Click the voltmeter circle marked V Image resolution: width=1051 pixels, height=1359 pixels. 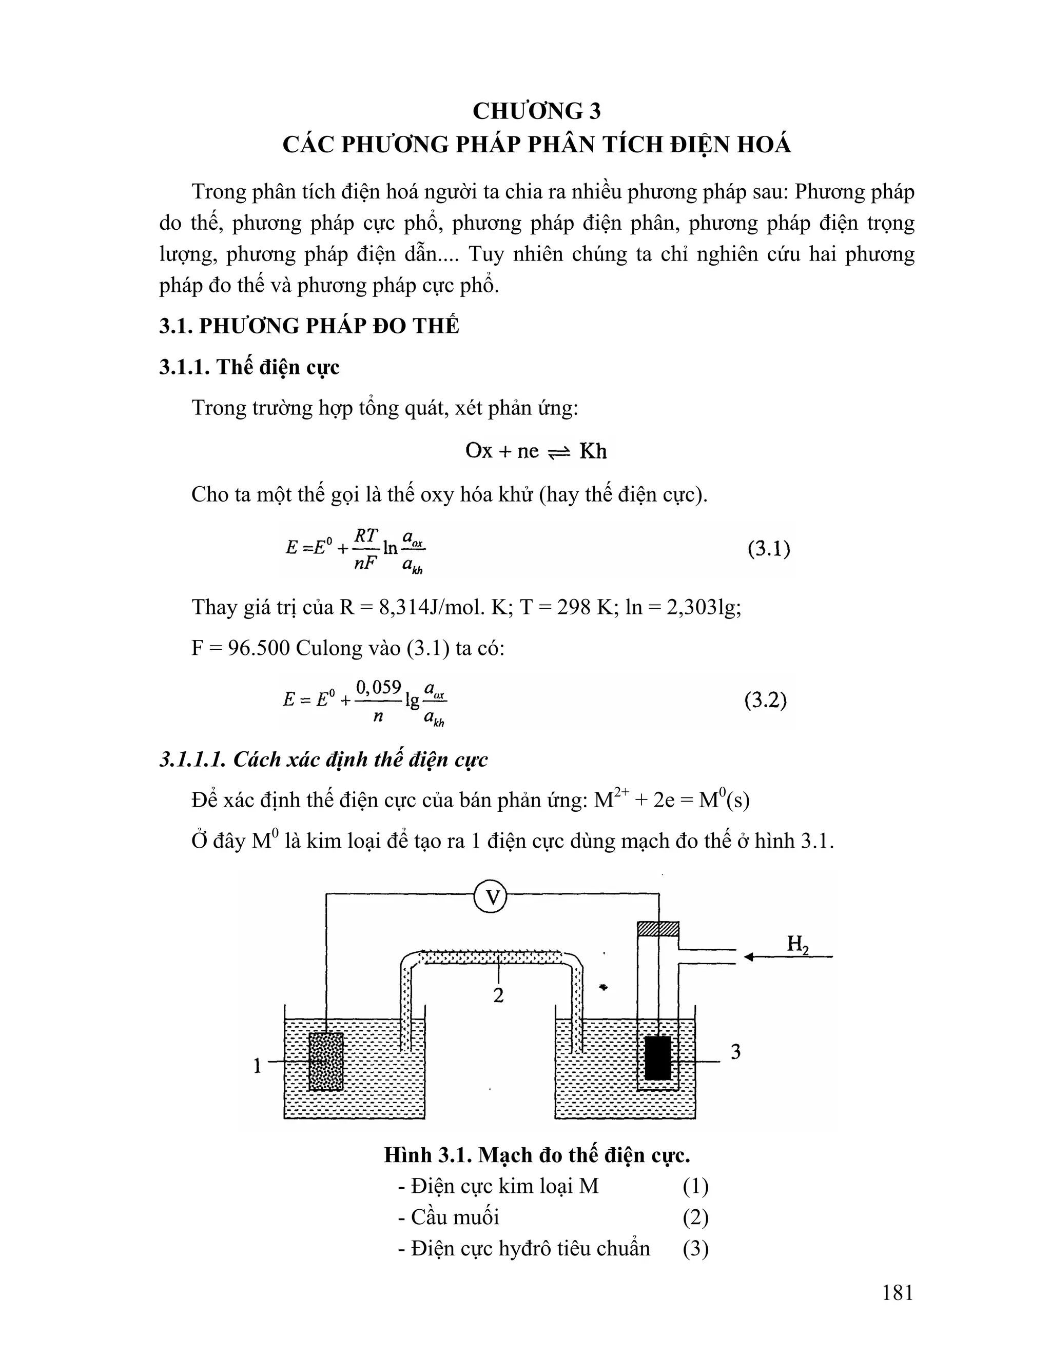click(x=491, y=896)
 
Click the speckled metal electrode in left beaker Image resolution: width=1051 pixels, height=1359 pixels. click(x=326, y=1061)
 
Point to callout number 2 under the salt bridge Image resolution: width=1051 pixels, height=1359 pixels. click(x=498, y=995)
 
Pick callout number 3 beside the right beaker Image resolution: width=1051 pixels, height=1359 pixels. click(x=735, y=1052)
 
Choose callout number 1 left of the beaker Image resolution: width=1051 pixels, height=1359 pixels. click(x=257, y=1067)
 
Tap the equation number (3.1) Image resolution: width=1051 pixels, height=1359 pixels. click(x=768, y=549)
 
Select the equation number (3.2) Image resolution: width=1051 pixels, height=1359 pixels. click(x=765, y=701)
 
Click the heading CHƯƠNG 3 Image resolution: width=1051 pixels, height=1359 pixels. click(x=536, y=111)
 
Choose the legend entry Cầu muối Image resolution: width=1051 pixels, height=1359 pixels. click(x=455, y=1217)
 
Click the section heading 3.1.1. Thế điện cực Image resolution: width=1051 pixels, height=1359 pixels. click(x=249, y=367)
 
